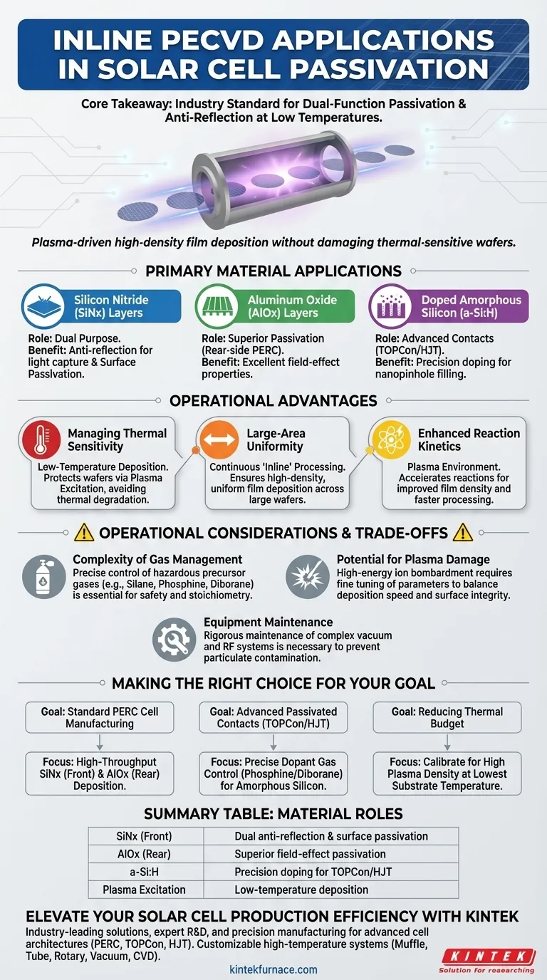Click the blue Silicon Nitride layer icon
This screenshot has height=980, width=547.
point(44,307)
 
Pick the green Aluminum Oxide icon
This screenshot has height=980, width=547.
point(217,307)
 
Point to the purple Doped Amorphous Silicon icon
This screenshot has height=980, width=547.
point(390,307)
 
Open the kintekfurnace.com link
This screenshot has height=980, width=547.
point(273,969)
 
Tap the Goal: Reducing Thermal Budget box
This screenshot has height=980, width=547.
point(447,717)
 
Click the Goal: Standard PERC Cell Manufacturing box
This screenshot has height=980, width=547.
point(100,717)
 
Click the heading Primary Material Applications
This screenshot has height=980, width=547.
point(273,271)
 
